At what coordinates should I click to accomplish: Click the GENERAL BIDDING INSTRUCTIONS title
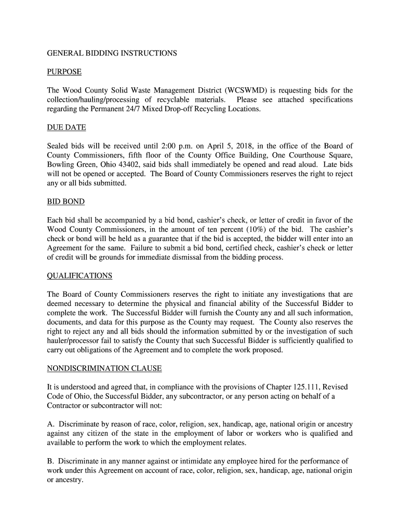[x=112, y=53]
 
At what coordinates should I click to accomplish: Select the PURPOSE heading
[x=64, y=72]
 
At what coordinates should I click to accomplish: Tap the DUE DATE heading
[x=66, y=127]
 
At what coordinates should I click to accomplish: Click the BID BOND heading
[x=65, y=201]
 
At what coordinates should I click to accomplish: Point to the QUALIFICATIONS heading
[x=79, y=275]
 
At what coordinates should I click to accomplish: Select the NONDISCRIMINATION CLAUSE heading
[x=104, y=368]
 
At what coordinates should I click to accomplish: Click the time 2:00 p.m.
[x=163, y=146]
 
